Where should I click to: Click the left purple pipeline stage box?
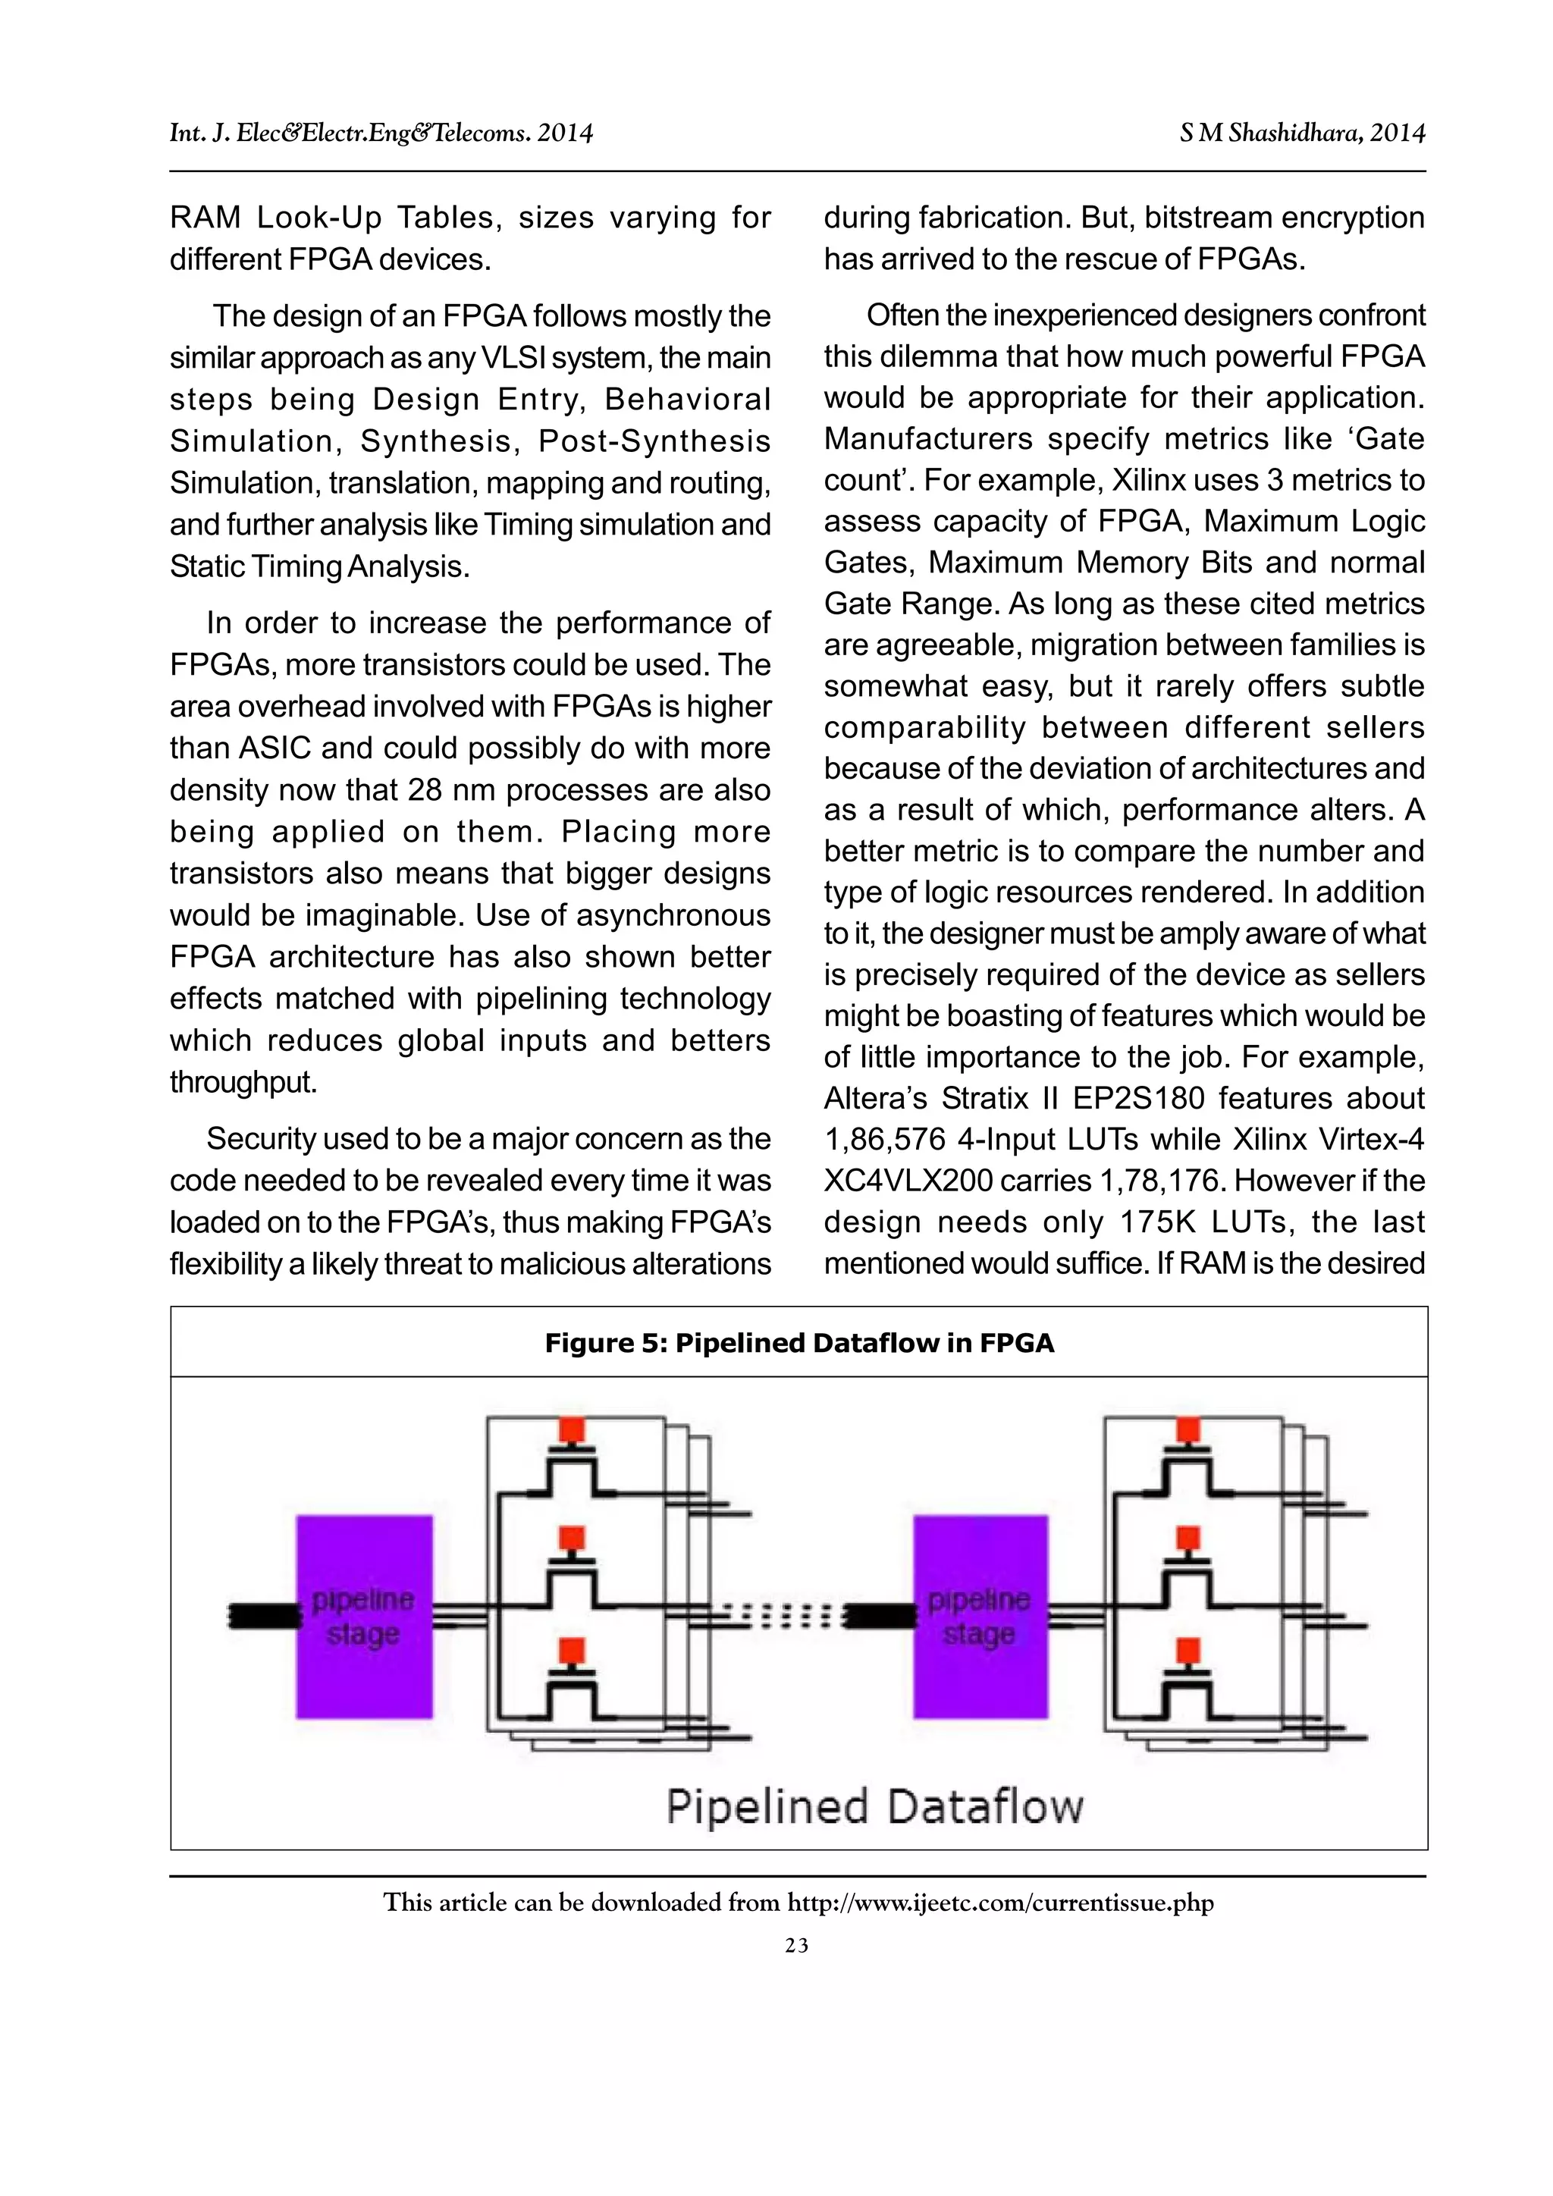[363, 1617]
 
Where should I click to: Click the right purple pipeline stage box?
[980, 1617]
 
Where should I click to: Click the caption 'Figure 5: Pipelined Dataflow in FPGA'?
[798, 1343]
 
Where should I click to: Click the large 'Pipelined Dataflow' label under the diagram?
[874, 1807]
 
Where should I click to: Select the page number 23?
[796, 1946]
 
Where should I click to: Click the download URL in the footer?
[999, 1903]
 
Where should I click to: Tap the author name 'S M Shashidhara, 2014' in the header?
[1303, 133]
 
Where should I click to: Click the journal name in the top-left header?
[381, 133]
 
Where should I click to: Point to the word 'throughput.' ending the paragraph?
[243, 1082]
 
